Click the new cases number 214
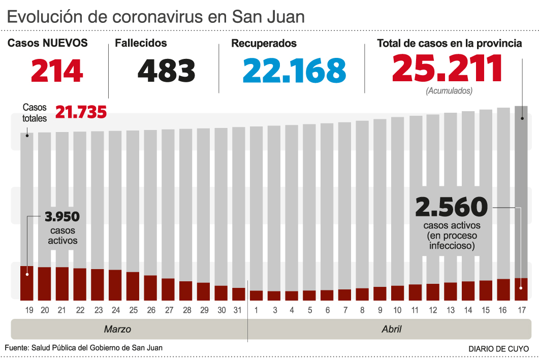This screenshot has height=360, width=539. [x=57, y=71]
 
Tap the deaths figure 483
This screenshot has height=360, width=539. [x=167, y=71]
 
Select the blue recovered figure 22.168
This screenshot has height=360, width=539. [x=294, y=71]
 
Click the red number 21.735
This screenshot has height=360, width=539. [x=81, y=112]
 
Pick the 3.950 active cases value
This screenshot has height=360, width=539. [x=62, y=217]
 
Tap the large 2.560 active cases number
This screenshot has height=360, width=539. [x=451, y=207]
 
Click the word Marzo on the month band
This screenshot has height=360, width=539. [x=117, y=329]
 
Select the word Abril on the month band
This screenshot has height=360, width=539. [x=391, y=329]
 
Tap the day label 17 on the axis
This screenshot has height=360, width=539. [x=521, y=310]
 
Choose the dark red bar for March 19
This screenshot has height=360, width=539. [x=27, y=283]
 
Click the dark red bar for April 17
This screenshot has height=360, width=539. [x=521, y=289]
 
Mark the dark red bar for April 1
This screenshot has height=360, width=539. [x=256, y=295]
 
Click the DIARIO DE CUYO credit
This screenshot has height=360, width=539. [x=498, y=349]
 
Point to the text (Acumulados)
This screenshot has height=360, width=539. [x=449, y=91]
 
